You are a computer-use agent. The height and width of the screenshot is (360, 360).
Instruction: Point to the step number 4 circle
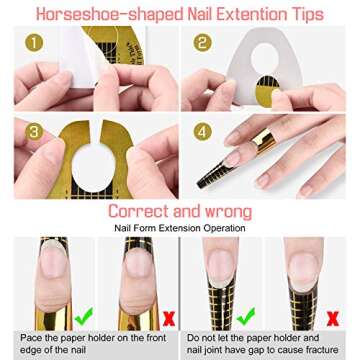[x=203, y=132]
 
